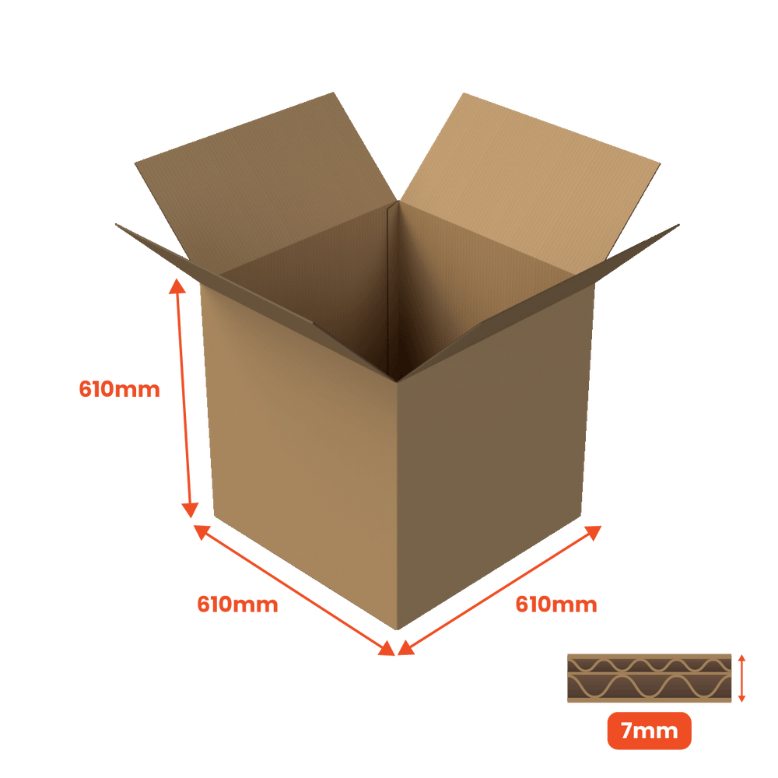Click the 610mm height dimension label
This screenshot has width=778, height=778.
[x=120, y=390]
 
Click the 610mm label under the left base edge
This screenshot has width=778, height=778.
[x=238, y=604]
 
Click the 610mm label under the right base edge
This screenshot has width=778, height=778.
[x=556, y=604]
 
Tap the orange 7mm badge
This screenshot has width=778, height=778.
[x=649, y=731]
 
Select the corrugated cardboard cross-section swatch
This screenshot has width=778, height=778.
[x=649, y=678]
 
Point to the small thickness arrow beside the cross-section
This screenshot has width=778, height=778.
[x=741, y=678]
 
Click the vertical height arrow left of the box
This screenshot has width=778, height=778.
[x=184, y=400]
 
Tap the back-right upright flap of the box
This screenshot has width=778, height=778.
[x=529, y=179]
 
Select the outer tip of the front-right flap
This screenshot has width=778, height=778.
[x=679, y=224]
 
